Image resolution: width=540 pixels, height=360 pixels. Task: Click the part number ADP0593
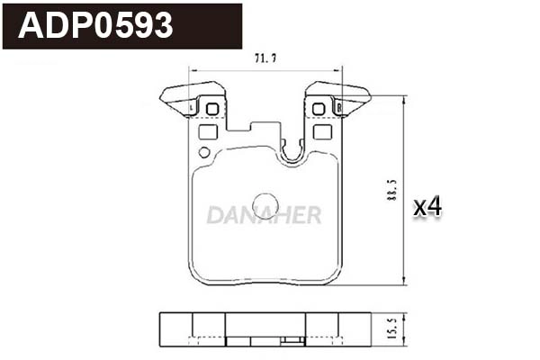click(x=95, y=26)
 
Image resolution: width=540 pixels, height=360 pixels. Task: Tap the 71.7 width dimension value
click(x=265, y=58)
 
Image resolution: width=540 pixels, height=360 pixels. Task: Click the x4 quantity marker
click(x=427, y=207)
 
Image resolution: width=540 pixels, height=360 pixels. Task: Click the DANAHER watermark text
click(x=263, y=214)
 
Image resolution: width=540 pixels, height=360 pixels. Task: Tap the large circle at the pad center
click(x=265, y=204)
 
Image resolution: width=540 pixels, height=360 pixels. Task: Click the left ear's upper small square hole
click(x=212, y=110)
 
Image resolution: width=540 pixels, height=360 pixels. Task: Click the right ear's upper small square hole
click(x=317, y=110)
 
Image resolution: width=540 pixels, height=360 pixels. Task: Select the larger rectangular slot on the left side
click(x=208, y=132)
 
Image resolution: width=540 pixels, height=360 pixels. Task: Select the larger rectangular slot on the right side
click(x=321, y=132)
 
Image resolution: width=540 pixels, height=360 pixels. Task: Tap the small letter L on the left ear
click(x=194, y=107)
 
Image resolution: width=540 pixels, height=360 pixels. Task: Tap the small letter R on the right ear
click(x=337, y=107)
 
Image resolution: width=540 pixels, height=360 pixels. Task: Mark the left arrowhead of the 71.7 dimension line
click(x=191, y=70)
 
